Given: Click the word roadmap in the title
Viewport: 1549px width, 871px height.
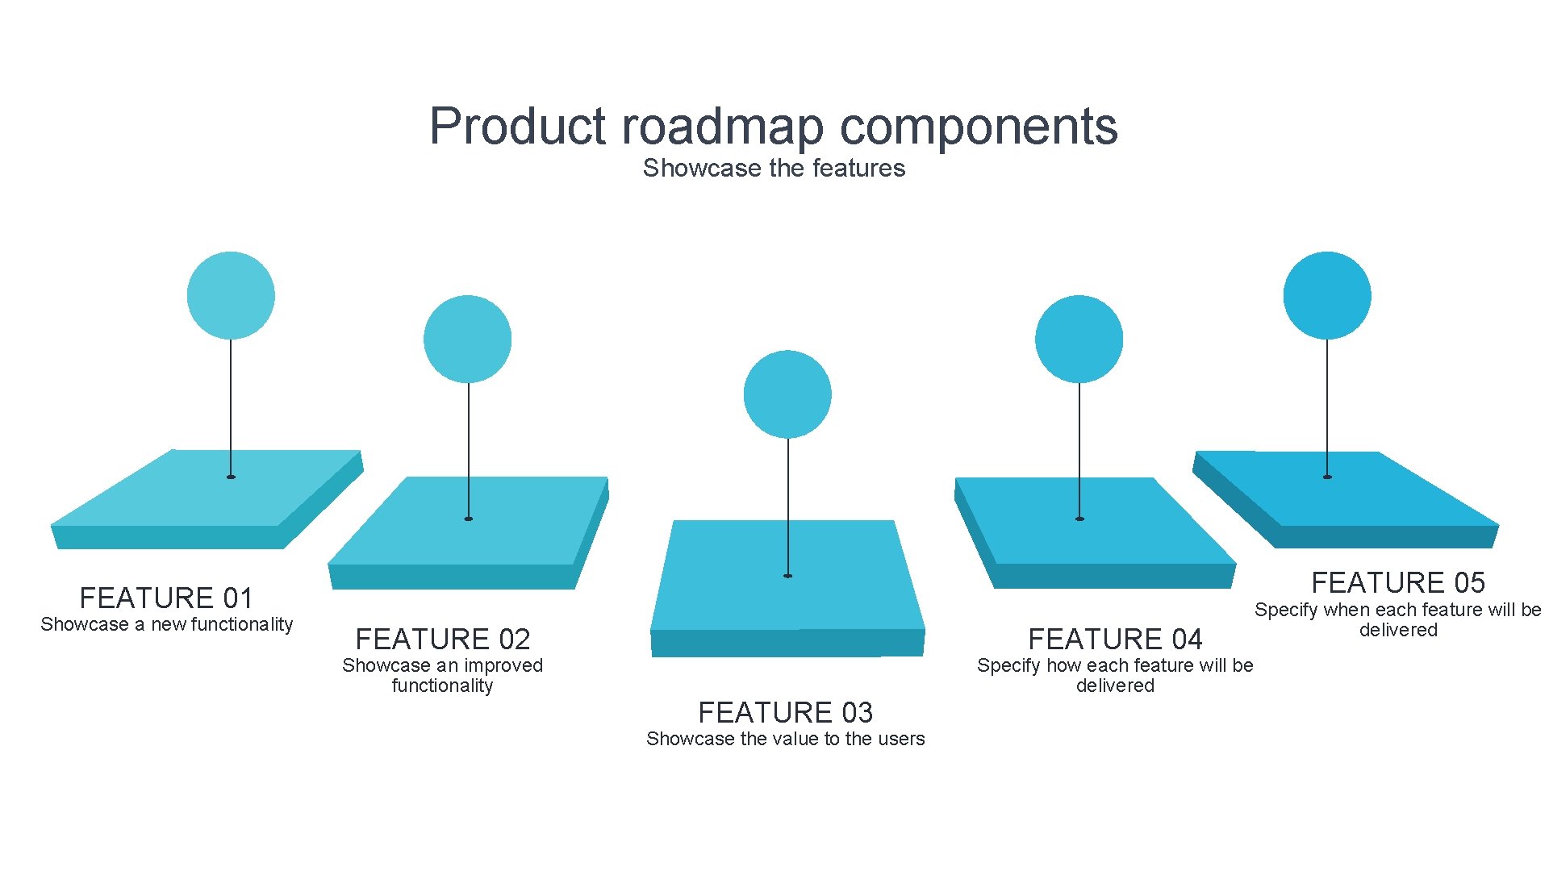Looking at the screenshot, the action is point(723,127).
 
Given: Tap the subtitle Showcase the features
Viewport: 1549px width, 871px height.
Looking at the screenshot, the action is point(774,168).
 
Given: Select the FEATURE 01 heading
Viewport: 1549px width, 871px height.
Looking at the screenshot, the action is point(166,598).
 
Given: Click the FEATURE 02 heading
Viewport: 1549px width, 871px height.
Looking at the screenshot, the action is point(443,639).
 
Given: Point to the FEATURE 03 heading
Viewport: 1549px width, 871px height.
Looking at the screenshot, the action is point(785,712).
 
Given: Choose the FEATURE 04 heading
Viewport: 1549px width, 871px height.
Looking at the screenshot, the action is point(1115,639).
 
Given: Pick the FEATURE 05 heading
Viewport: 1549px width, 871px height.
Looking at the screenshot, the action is point(1398,581).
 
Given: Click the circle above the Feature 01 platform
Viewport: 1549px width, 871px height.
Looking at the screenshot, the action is point(231,295).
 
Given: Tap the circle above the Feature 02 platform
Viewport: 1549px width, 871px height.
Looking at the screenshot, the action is point(467,339).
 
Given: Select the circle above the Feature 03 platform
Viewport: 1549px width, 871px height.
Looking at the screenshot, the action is point(787,394).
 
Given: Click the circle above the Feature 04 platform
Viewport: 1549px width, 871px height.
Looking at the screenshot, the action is point(1079,339).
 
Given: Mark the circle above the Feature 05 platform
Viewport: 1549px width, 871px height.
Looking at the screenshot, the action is point(1327,295).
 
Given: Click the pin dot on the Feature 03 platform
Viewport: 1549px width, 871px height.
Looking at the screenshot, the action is point(788,576).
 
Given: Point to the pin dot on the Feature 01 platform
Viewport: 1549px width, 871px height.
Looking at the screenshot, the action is point(231,477).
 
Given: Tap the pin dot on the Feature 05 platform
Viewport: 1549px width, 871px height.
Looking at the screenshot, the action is point(1327,477).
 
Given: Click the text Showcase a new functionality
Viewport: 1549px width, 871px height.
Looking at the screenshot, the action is point(166,624).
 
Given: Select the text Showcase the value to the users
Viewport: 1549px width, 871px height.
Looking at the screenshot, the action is point(785,739).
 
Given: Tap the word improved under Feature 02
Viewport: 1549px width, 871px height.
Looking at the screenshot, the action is point(503,665).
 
